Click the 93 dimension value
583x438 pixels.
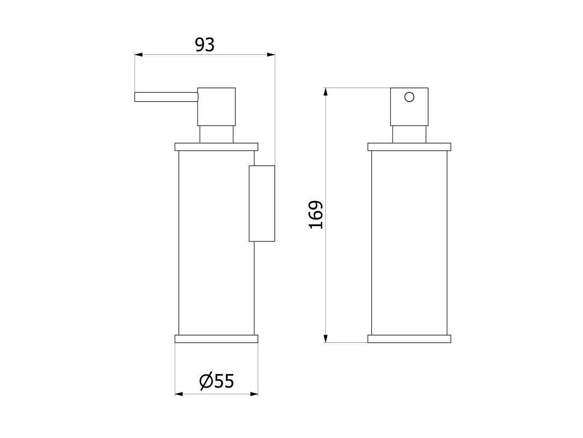pyautogui.click(x=204, y=45)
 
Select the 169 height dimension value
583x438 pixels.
pyautogui.click(x=316, y=215)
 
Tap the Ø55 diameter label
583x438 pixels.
pyautogui.click(x=216, y=381)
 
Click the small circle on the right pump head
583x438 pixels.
pyautogui.click(x=409, y=97)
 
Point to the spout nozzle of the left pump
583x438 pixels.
pyautogui.click(x=166, y=97)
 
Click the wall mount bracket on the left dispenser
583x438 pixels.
pyautogui.click(x=262, y=203)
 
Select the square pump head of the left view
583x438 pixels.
pyautogui.click(x=216, y=107)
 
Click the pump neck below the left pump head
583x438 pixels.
pyautogui.click(x=216, y=134)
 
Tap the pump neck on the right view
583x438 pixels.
pyautogui.click(x=409, y=134)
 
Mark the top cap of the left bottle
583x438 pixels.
pyautogui.click(x=216, y=147)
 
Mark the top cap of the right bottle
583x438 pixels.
pyautogui.click(x=409, y=147)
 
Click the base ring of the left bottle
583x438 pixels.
pyautogui.click(x=216, y=339)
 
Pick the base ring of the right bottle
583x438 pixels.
pyautogui.click(x=409, y=339)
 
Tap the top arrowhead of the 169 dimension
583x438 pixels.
pyautogui.click(x=325, y=92)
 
